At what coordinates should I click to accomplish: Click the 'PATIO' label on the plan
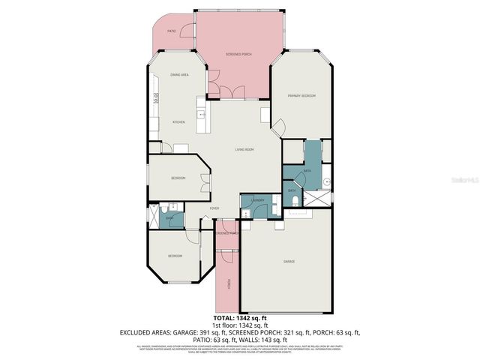[172, 31]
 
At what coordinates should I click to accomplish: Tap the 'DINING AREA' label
[178, 75]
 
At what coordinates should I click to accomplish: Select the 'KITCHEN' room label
[179, 121]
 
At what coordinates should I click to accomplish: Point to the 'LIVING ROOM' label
[244, 150]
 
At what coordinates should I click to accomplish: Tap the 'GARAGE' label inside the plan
[289, 261]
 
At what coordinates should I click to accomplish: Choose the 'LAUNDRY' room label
[257, 200]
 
